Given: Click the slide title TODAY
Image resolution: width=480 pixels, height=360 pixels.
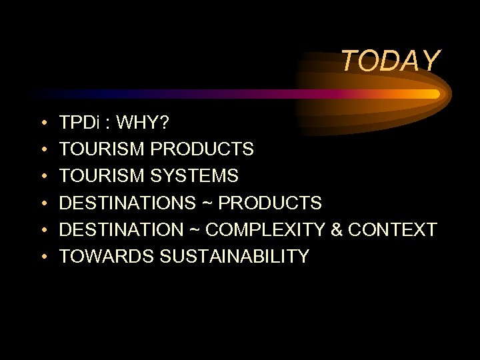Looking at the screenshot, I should coord(391,61).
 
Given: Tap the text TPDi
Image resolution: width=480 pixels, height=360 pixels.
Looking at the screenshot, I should coord(79,123).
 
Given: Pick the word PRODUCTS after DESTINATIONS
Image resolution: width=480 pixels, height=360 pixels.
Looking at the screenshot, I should coord(270,203).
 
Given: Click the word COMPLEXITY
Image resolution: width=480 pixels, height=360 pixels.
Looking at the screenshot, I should coord(264,230).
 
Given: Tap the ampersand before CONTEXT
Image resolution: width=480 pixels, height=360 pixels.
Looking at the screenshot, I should coord(337,230).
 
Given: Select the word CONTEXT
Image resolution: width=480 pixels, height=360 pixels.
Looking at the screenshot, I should coord(393,230).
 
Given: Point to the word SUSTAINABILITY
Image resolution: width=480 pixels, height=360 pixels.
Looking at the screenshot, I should coord(235,257).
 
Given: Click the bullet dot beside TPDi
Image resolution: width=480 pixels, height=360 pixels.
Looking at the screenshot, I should coord(43,123).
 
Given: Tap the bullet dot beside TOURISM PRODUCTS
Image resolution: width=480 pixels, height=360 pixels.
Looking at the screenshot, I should coord(43,150).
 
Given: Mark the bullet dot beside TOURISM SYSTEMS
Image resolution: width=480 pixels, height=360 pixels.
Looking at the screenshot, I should coord(43,177).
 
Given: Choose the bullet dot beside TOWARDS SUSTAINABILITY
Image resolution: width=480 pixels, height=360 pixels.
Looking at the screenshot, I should coord(43,257).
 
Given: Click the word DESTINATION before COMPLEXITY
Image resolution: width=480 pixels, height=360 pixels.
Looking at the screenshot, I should coord(121,230).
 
